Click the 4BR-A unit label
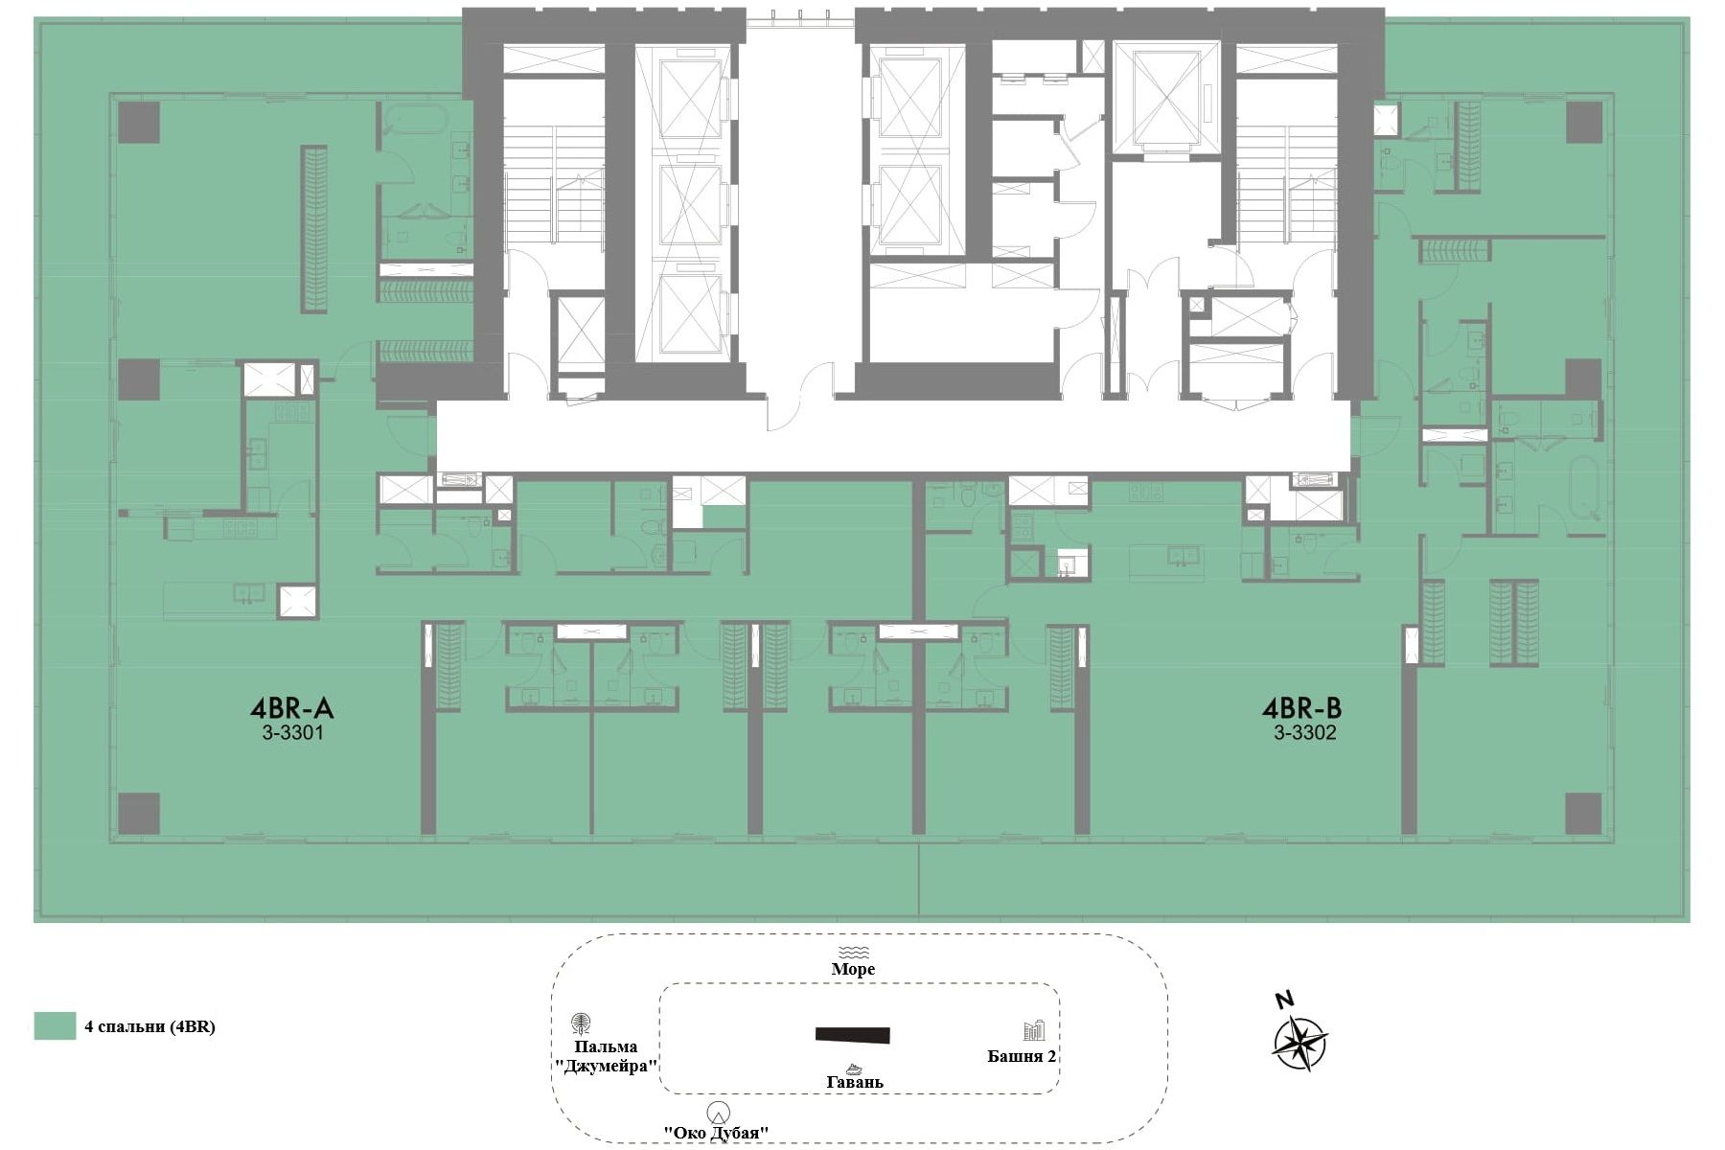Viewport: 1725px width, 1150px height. [291, 709]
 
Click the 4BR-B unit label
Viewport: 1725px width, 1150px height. [1301, 709]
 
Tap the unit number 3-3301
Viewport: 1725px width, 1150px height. [291, 734]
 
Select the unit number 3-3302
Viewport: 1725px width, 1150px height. [1304, 734]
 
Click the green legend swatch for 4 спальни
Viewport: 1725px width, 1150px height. [55, 1025]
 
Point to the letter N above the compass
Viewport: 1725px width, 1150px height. [1285, 1000]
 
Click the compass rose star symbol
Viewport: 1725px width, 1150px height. [1299, 1043]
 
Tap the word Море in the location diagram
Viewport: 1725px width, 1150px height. [853, 969]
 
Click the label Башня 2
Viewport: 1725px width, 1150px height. [1022, 1056]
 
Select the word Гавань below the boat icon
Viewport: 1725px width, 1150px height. [855, 1083]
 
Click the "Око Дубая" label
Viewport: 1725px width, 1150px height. [717, 1133]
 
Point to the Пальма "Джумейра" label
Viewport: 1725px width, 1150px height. [606, 1056]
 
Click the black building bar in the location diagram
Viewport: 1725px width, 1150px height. [853, 1035]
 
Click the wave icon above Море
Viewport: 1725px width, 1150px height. [853, 952]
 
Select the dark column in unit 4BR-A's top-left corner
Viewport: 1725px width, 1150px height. [139, 123]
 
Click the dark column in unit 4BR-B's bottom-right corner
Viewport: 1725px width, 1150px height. [1583, 814]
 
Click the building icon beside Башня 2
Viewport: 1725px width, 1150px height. [1034, 1031]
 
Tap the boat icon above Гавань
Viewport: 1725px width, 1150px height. [853, 1068]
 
